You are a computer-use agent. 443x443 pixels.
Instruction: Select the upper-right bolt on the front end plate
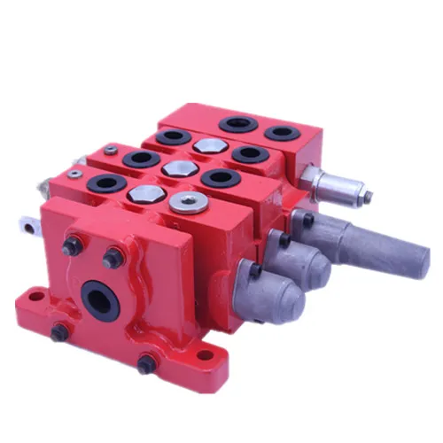[x=113, y=259]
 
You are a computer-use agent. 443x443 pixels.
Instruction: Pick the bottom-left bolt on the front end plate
[x=60, y=332]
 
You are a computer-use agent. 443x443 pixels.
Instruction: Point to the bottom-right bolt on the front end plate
[x=144, y=363]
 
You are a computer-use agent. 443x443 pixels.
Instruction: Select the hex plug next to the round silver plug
[x=142, y=193]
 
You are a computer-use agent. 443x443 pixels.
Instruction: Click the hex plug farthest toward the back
[x=210, y=145]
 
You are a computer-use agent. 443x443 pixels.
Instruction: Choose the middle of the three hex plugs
[x=175, y=168]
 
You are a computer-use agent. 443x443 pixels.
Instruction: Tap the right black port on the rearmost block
[x=283, y=134]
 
